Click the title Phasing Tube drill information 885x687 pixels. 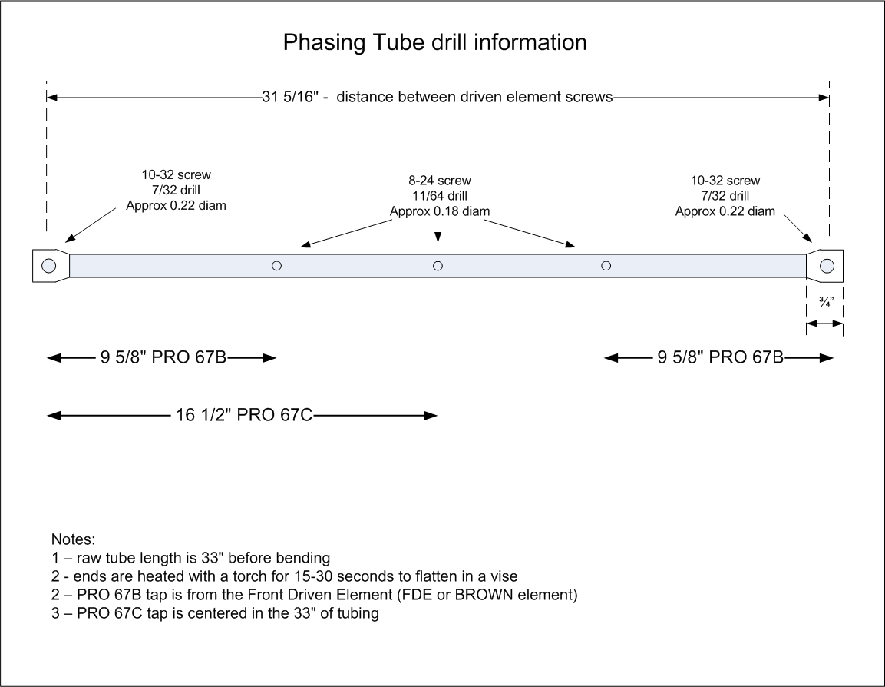[x=434, y=43]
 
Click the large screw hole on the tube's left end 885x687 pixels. [x=49, y=266]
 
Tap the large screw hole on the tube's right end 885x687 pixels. [x=827, y=266]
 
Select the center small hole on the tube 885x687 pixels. [x=438, y=266]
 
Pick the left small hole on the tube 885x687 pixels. [x=276, y=266]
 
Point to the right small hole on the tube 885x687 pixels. [x=606, y=266]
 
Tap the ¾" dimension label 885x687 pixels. [x=827, y=302]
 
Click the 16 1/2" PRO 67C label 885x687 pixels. [x=244, y=415]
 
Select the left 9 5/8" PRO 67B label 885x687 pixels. [x=163, y=357]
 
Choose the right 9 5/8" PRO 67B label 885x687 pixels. [x=720, y=357]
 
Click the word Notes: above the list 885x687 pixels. [x=74, y=539]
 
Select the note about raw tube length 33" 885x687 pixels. [x=191, y=558]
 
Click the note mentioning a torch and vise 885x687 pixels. [x=285, y=576]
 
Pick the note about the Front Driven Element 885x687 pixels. [x=315, y=595]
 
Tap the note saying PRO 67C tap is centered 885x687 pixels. [x=215, y=613]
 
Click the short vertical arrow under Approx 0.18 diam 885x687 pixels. [x=438, y=231]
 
